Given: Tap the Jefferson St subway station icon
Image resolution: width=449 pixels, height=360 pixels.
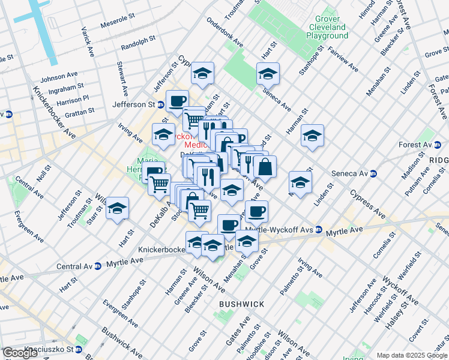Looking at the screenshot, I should click(x=161, y=104).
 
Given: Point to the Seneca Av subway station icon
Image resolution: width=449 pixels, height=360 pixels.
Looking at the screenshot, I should click(x=373, y=173).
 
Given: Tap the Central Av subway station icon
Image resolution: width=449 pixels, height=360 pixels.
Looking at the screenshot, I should click(x=97, y=266).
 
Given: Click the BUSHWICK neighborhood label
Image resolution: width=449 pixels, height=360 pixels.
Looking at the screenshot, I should click(x=241, y=304).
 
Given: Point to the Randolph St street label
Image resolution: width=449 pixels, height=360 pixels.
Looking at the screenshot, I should click(x=138, y=46).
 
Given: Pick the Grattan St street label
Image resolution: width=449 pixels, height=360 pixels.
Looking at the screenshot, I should click(x=78, y=111).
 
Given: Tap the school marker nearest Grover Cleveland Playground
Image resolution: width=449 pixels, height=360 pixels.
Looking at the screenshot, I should click(x=268, y=74).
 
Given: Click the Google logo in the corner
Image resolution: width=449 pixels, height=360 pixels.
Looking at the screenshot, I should click(x=20, y=353).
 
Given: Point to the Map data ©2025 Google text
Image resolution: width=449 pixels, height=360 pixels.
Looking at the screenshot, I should click(x=412, y=355).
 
